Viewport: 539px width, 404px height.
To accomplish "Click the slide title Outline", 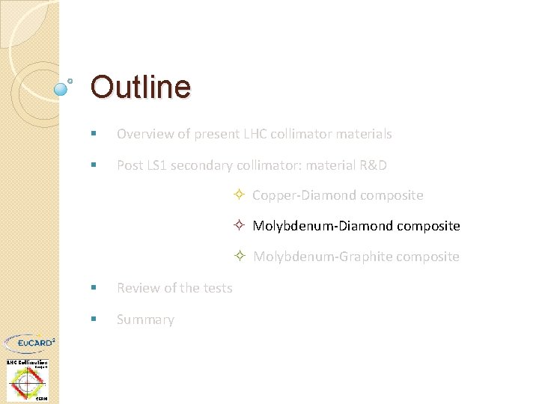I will [x=140, y=87].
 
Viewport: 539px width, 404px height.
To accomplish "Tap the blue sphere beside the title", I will [x=62, y=89].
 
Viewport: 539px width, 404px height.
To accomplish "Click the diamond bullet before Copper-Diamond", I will [x=238, y=195].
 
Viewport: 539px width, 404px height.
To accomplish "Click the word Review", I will [x=137, y=288].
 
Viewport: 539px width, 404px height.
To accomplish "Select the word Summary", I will [x=145, y=319].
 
